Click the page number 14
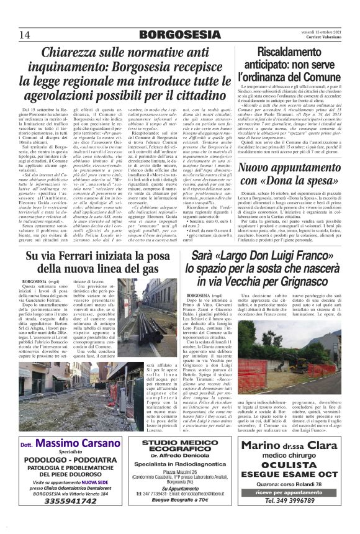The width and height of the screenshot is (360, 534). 25,34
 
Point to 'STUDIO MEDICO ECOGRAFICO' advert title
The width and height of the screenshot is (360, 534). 180,446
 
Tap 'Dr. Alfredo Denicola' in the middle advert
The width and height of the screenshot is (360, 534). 180,456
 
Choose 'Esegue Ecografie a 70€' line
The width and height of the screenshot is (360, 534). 180,499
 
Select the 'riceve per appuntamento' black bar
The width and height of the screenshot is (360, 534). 287,492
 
